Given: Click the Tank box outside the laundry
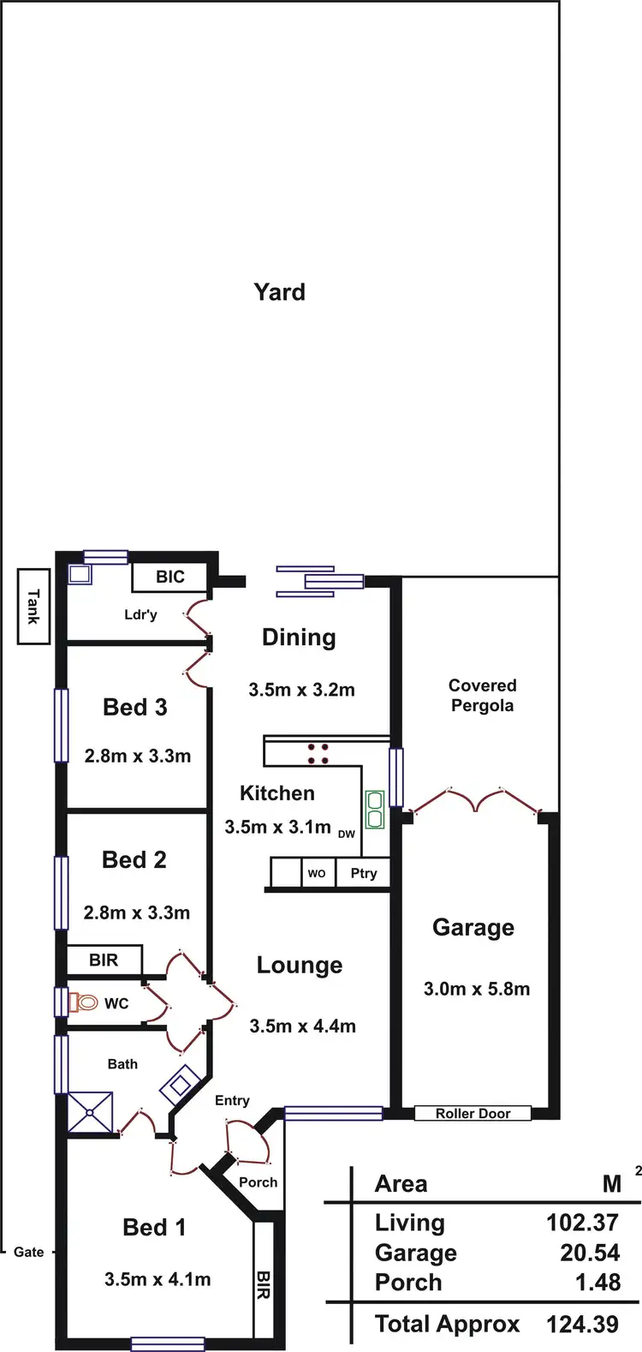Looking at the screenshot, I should tap(33, 606).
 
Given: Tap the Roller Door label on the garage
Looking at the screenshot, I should tap(473, 1114).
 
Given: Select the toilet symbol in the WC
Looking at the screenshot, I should tap(86, 1002).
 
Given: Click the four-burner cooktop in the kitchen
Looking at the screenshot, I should tap(318, 753).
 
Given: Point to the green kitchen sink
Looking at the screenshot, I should tap(375, 810).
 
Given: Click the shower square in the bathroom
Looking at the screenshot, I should tap(91, 1113).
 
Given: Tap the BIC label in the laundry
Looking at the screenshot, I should tap(170, 577).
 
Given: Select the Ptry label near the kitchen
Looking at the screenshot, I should tap(364, 873).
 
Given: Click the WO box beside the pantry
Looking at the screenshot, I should tap(317, 874).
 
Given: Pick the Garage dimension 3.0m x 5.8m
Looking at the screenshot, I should tap(476, 989).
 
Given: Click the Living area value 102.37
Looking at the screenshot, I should tap(582, 1223).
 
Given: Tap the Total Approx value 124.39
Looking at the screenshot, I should tap(582, 1324).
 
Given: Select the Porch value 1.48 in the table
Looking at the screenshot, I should tap(597, 1283).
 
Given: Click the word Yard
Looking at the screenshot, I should tap(279, 292).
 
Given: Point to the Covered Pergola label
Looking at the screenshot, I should tap(482, 696).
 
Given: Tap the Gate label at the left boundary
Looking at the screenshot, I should tap(28, 1252).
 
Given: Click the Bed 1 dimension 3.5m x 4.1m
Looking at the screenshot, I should tap(158, 1279).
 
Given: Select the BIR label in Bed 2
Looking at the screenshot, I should tap(104, 960).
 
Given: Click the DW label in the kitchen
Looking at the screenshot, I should tap(346, 834).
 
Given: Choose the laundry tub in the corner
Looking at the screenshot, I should tap(80, 574).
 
